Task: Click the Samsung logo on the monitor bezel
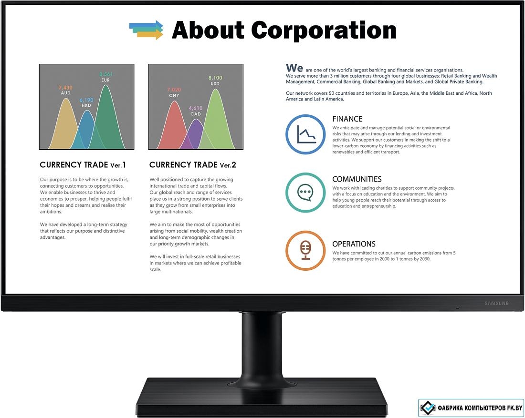[496, 303]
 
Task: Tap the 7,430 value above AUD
[66, 88]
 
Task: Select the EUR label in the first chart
[105, 80]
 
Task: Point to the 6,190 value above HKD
[86, 100]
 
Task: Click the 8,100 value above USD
[215, 78]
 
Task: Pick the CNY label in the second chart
[174, 96]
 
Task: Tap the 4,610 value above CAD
[196, 108]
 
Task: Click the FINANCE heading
[347, 119]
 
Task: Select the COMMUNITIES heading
[357, 179]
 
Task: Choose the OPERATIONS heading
[354, 244]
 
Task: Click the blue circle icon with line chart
[305, 134]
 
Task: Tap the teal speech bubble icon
[305, 193]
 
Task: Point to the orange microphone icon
[305, 251]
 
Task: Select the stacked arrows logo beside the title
[147, 30]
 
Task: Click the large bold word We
[294, 68]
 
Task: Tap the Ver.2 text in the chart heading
[228, 165]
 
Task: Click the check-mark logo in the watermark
[428, 408]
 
